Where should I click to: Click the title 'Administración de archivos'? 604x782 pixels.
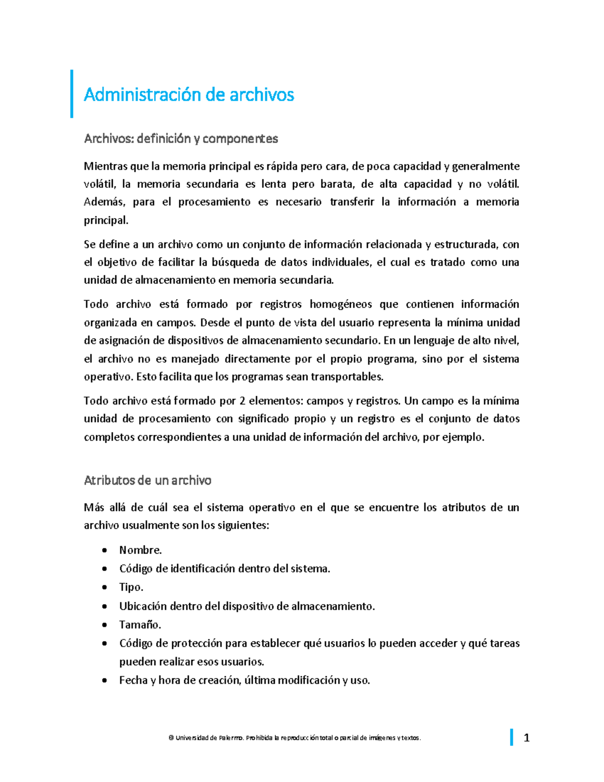pos(189,95)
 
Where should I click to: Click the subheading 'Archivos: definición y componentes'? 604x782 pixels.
pos(181,138)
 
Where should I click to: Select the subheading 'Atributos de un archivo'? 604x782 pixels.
pos(147,480)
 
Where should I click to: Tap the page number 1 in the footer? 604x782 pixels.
pos(526,738)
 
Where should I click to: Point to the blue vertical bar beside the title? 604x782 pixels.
pos(71,94)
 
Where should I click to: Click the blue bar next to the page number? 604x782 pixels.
pos(512,737)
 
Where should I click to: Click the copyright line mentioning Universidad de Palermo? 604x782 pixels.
pos(294,738)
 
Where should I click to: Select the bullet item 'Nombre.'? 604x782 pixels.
pos(140,550)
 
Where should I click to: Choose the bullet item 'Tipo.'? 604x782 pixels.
pos(131,587)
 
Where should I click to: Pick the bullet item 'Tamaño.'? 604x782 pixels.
pos(140,625)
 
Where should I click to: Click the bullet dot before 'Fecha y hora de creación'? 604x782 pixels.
pos(104,681)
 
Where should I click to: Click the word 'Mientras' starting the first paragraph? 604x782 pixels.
pos(105,166)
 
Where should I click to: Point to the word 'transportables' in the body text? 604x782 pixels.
pos(347,377)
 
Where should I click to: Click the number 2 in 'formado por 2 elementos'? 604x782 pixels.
pos(243,401)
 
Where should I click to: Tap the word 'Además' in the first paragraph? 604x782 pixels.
pos(102,202)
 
